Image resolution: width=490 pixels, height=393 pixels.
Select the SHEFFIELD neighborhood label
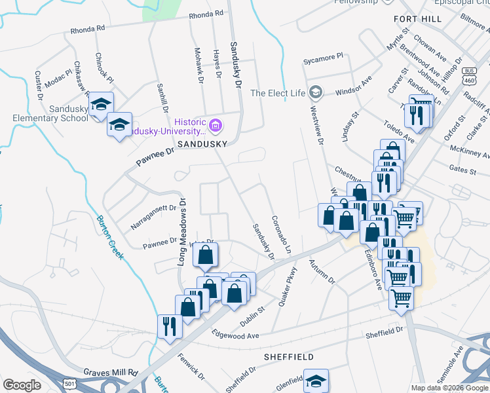pyautogui.click(x=288, y=357)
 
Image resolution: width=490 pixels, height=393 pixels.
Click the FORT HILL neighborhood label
pyautogui.click(x=417, y=19)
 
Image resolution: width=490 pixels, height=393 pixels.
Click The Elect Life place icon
pyautogui.click(x=316, y=92)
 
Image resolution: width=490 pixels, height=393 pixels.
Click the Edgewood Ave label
pyautogui.click(x=236, y=335)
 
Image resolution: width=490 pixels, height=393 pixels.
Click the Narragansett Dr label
pyautogui.click(x=153, y=209)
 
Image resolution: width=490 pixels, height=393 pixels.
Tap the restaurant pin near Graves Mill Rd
pyautogui.click(x=170, y=325)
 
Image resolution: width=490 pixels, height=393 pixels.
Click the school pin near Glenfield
pyautogui.click(x=315, y=381)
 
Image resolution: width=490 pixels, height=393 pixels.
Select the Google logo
pyautogui.click(x=22, y=385)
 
